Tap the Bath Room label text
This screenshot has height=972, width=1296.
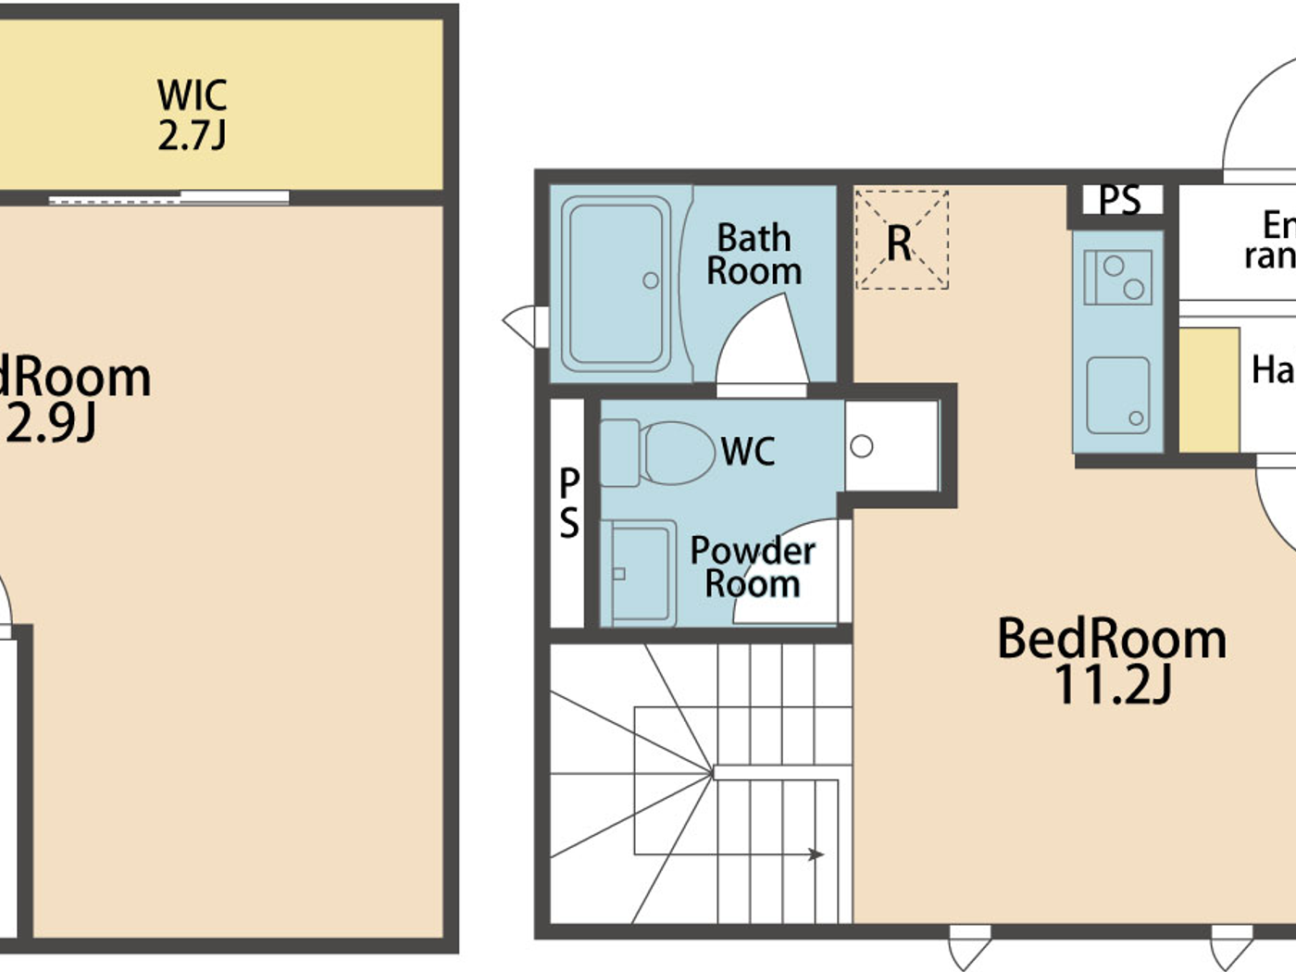tap(754, 255)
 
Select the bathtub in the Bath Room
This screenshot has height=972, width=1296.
tap(617, 283)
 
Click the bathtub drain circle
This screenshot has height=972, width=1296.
tap(651, 280)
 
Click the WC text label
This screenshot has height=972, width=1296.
tap(747, 452)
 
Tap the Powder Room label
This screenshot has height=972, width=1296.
tap(752, 567)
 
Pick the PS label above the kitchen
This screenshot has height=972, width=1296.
tap(1119, 200)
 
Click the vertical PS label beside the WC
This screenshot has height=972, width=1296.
tap(568, 504)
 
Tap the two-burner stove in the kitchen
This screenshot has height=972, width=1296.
tap(1118, 277)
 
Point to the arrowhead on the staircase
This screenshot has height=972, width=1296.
tap(816, 854)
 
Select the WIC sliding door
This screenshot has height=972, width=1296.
tap(168, 197)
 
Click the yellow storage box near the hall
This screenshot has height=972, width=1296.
tap(1209, 390)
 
